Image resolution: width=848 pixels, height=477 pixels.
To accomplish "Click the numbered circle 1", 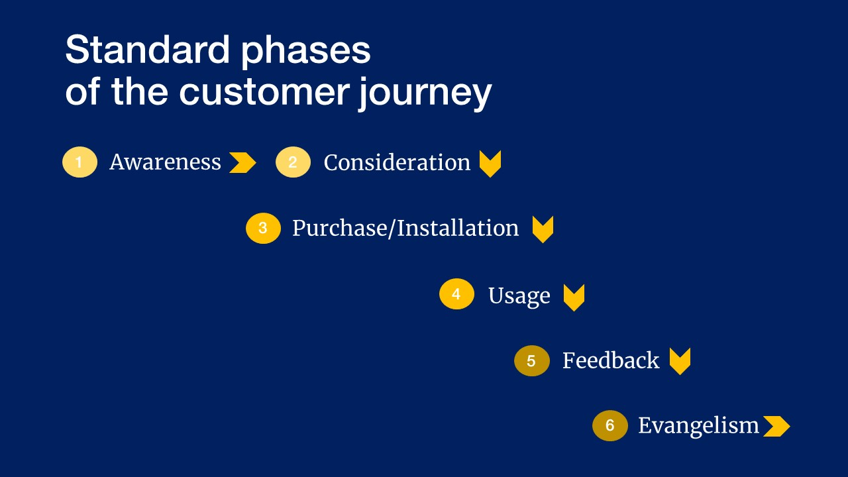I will [x=79, y=162].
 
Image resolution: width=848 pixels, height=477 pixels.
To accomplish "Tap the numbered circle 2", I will [x=293, y=162].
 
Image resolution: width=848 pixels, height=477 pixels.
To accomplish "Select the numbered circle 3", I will [x=263, y=228].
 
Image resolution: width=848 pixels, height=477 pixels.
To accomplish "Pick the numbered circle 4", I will [x=456, y=294].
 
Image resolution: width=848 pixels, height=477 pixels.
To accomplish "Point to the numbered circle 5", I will [x=531, y=361].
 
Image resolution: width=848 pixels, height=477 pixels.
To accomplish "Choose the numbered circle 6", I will [x=609, y=425].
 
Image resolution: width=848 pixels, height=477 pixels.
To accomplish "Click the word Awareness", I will [x=165, y=162].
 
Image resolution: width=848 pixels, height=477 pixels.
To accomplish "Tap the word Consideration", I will [x=397, y=163].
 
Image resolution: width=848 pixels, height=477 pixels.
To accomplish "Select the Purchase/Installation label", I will [x=405, y=229].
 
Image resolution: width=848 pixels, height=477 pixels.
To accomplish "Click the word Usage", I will [x=519, y=296].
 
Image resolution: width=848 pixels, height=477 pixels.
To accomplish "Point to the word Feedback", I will [x=610, y=361].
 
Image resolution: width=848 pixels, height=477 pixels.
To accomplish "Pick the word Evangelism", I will [x=698, y=426].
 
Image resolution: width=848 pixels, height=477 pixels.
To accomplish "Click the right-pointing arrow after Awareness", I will [x=242, y=162].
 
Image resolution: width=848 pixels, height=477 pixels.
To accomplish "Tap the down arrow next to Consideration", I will [x=490, y=164].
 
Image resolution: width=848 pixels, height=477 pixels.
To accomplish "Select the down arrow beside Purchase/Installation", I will [x=543, y=229].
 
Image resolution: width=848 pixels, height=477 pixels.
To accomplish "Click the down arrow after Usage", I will [x=574, y=297].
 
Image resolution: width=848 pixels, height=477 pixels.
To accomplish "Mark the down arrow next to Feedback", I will [x=680, y=361].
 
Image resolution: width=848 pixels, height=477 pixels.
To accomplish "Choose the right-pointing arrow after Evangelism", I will [x=776, y=426].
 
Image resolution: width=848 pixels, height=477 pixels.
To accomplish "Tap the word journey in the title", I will [x=425, y=92].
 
